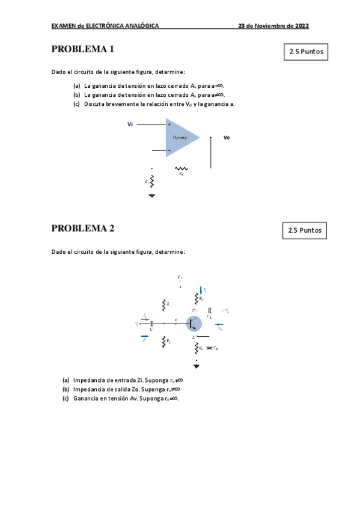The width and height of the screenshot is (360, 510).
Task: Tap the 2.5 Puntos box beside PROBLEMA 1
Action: pos(306,52)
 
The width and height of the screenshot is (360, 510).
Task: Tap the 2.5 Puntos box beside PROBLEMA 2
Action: pos(305,230)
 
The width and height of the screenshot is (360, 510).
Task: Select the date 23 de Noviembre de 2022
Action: pos(273,26)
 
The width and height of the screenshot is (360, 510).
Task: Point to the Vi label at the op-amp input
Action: pos(130,124)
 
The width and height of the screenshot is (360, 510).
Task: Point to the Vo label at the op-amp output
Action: pos(227,138)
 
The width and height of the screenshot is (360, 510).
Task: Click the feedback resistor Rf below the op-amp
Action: pos(180,169)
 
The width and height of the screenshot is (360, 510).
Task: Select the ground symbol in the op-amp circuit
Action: pos(151,195)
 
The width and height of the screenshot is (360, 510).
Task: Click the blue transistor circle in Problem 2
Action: pos(194,324)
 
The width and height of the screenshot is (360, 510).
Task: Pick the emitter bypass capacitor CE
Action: pos(210,348)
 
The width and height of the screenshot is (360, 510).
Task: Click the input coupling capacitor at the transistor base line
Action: pos(151,324)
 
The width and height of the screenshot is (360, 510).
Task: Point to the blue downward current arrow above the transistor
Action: pos(201,290)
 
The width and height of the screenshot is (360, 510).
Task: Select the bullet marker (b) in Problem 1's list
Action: pos(76,94)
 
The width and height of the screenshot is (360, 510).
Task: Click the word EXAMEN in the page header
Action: pos(63,26)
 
